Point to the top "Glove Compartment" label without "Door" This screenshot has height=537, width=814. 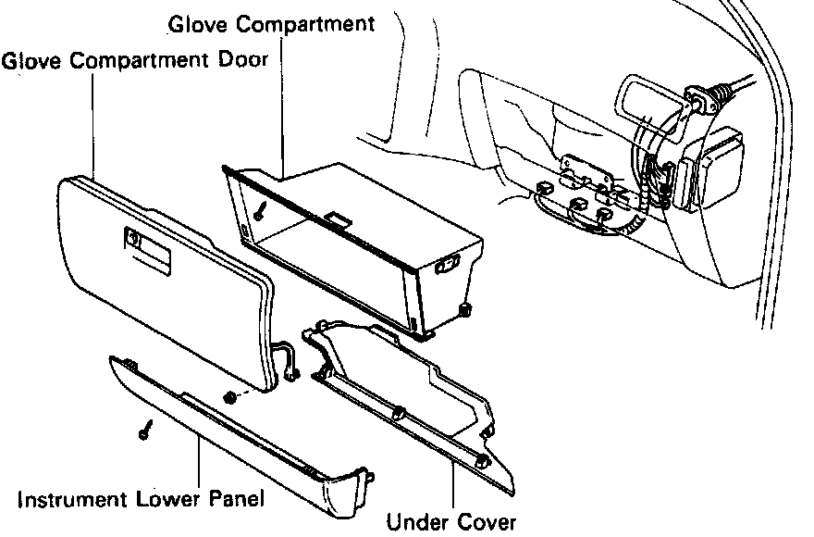pos(272,23)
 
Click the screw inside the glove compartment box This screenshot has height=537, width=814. pos(263,211)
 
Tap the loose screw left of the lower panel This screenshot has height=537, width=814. pos(145,431)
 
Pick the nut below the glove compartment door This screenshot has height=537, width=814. pos(229,398)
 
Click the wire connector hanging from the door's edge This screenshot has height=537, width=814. pos(290,363)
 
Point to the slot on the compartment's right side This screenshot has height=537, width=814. pos(447,267)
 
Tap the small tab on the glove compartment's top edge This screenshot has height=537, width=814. pos(338,220)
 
